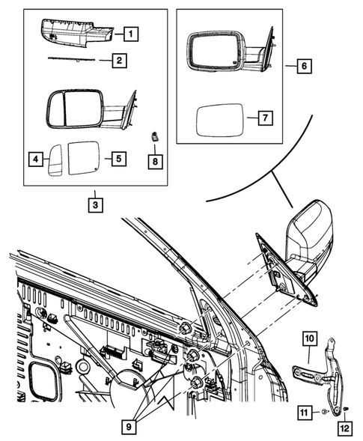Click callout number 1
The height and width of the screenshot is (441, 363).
(131, 33)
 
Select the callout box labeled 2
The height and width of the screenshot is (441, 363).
(119, 59)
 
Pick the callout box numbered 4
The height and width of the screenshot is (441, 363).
(34, 158)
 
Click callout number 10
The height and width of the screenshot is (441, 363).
(308, 338)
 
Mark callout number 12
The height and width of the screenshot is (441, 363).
(345, 428)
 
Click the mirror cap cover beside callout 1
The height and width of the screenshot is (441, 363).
(75, 30)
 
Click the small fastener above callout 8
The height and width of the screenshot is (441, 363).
(155, 137)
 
